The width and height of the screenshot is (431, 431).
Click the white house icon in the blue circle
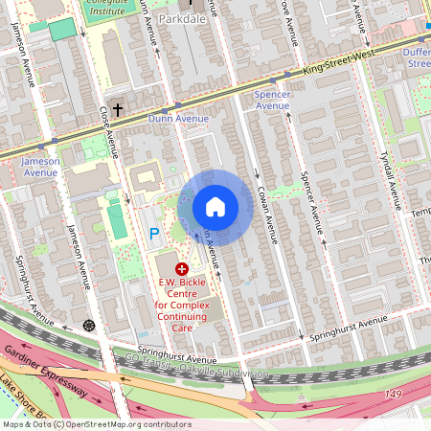pyautogui.click(x=215, y=207)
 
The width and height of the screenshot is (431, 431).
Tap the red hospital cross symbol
pyautogui.click(x=182, y=270)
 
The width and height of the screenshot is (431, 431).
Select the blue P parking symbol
pyautogui.click(x=153, y=233)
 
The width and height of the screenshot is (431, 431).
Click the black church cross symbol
pyautogui.click(x=118, y=110)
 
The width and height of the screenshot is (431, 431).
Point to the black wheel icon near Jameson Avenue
pyautogui.click(x=90, y=326)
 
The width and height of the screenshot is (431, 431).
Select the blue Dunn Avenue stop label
pyautogui.click(x=178, y=119)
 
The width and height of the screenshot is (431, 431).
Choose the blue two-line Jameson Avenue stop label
pyautogui.click(x=40, y=167)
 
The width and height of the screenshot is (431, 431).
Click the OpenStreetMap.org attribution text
pyautogui.click(x=134, y=424)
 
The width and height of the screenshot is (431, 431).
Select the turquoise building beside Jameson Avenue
pyautogui.click(x=62, y=29)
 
